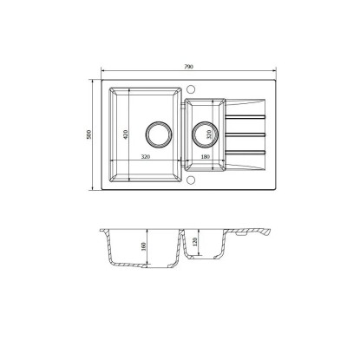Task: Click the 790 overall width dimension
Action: point(188,67)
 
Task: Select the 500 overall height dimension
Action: point(89,134)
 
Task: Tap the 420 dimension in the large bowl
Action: point(125,134)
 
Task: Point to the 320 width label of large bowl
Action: point(146,157)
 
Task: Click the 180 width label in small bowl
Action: point(205,157)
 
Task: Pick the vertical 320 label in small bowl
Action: point(209,134)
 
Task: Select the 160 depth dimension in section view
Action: point(144,246)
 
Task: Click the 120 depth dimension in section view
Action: point(194,242)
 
